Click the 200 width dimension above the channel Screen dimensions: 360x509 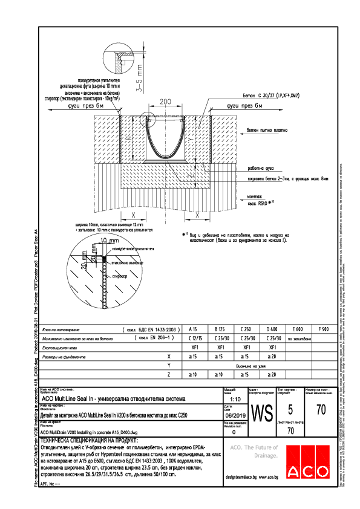click(163, 101)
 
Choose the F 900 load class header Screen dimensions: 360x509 click(322, 329)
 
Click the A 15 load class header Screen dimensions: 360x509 click(194, 329)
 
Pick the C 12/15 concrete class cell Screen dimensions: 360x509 click(195, 339)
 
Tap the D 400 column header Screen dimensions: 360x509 click(272, 329)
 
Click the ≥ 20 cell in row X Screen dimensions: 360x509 click(272, 357)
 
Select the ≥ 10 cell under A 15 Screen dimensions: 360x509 click(194, 375)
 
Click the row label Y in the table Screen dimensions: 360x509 click(168, 366)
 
